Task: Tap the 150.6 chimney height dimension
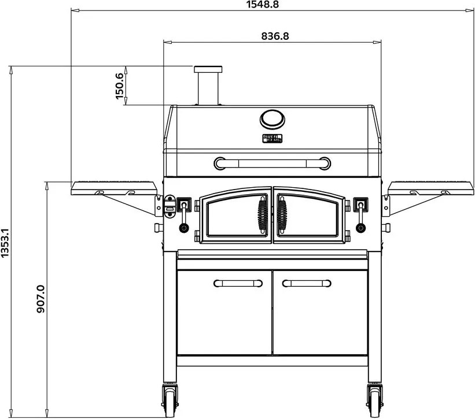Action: pos(120,86)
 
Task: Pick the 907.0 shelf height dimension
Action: pos(40,299)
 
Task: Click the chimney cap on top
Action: pos(208,69)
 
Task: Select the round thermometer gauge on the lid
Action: pos(272,119)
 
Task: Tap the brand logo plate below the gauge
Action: pos(272,139)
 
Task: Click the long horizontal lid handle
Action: pos(272,163)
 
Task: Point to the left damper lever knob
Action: pos(184,227)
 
